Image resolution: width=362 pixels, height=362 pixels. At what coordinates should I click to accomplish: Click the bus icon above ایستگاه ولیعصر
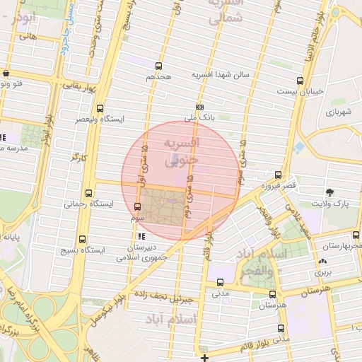100,109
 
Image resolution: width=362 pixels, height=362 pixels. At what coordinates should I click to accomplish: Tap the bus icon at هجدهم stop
158,65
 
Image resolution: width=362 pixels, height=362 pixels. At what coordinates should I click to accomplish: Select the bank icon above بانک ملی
200,107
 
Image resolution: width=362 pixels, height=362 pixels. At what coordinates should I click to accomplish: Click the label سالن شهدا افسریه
218,74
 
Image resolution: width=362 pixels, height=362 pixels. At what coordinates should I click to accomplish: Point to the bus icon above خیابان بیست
300,81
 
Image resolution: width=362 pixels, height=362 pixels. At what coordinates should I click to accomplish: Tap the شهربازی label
339,112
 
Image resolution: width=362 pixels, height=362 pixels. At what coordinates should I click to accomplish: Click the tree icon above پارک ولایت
330,192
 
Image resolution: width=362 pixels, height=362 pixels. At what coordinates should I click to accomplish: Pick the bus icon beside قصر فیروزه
278,175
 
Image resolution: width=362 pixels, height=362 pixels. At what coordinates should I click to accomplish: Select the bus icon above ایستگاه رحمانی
88,193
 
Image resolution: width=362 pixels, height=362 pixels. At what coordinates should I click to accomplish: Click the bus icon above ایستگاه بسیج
83,240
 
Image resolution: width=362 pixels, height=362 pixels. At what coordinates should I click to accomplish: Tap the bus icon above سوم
137,206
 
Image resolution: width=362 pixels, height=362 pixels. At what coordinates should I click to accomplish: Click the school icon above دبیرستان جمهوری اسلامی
142,236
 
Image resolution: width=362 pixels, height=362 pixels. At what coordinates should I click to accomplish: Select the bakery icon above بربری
322,261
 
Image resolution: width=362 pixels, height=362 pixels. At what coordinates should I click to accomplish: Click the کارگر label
76,156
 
